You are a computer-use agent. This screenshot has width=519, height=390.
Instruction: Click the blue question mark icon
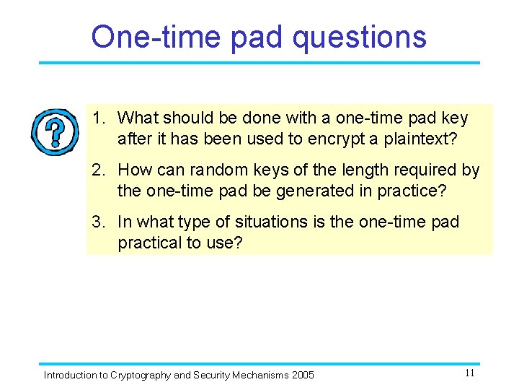(x=54, y=132)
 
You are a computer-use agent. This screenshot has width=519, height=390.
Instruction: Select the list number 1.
(x=97, y=118)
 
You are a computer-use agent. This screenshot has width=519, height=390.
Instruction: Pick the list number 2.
(x=97, y=170)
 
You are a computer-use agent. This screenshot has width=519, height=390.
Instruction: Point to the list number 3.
(x=97, y=222)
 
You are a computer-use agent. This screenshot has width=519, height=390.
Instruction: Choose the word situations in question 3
(x=276, y=222)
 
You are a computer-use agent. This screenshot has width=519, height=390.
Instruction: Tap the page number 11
(x=469, y=373)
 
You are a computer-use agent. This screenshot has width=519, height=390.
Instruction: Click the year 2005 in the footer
(x=303, y=375)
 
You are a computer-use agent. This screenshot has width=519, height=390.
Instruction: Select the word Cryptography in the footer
(x=141, y=375)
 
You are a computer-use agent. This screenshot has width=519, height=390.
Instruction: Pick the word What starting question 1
(x=138, y=118)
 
